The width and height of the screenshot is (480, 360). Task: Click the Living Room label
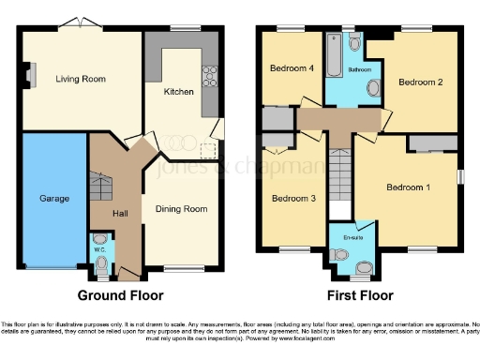point(79,80)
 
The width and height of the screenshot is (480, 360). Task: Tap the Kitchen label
point(179,92)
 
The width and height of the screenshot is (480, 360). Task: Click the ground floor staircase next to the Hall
point(100,187)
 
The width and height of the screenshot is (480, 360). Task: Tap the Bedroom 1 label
point(409,187)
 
